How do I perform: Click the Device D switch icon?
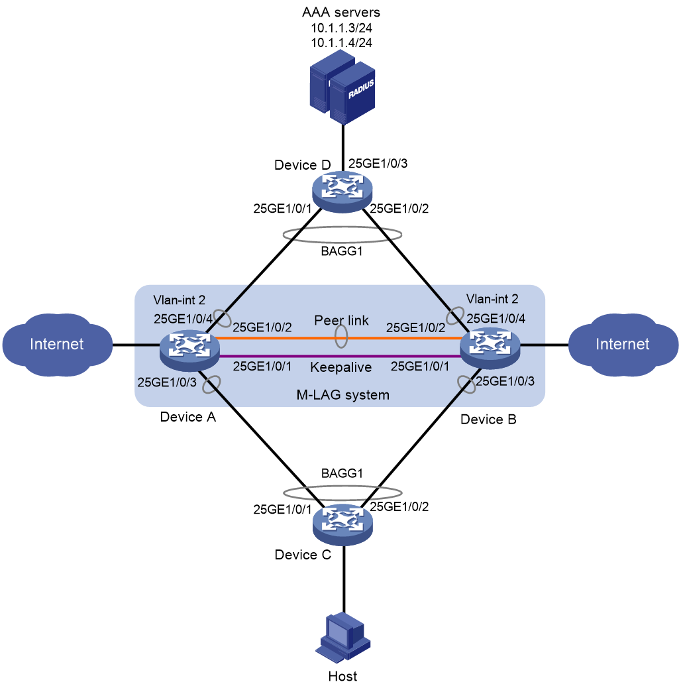click(342, 192)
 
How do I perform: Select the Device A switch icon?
click(189, 350)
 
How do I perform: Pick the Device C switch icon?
click(342, 525)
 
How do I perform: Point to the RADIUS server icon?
click(342, 87)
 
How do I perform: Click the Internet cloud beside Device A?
click(57, 345)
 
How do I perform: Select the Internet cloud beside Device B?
click(623, 345)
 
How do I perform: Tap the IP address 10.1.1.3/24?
click(342, 28)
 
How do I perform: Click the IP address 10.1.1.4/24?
click(342, 43)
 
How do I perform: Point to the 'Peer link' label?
click(342, 320)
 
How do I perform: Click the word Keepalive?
click(340, 367)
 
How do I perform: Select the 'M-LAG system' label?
click(343, 395)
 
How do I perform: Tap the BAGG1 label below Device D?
click(342, 251)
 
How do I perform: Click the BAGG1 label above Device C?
click(342, 473)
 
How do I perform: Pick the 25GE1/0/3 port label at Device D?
click(378, 164)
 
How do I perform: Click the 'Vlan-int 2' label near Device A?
click(179, 300)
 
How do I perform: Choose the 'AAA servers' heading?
click(341, 13)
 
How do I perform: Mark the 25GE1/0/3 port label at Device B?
click(505, 381)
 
